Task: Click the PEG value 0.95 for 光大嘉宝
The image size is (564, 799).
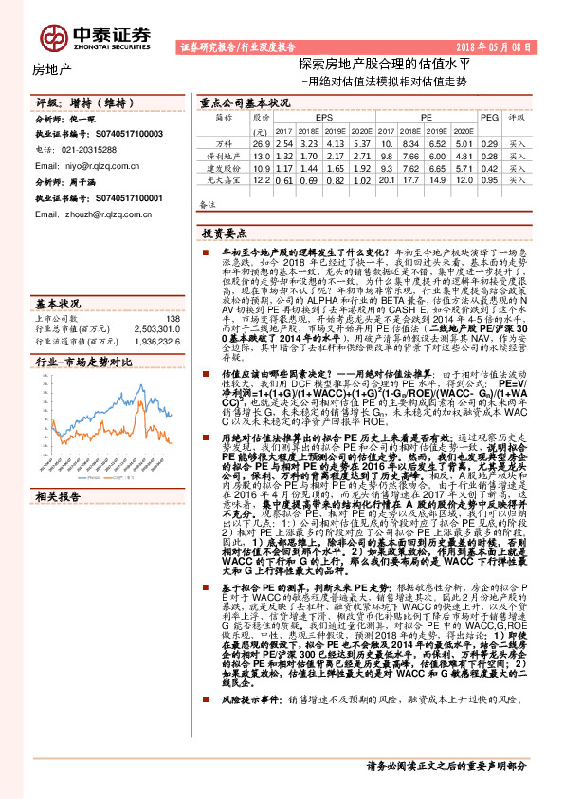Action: click(488, 179)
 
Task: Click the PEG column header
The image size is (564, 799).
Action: click(488, 117)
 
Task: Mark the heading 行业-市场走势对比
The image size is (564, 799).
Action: click(82, 362)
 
